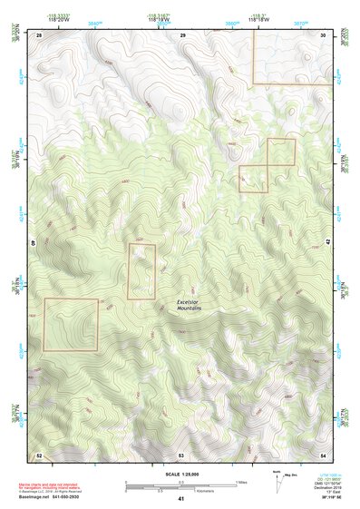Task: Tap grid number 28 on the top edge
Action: [39, 34]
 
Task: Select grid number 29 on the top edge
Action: [182, 34]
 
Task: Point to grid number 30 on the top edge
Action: [323, 34]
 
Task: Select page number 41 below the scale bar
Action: [181, 499]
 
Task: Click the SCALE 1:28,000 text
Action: [180, 474]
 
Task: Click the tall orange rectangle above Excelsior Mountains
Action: [141, 270]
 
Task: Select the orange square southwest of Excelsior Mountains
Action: [70, 325]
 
